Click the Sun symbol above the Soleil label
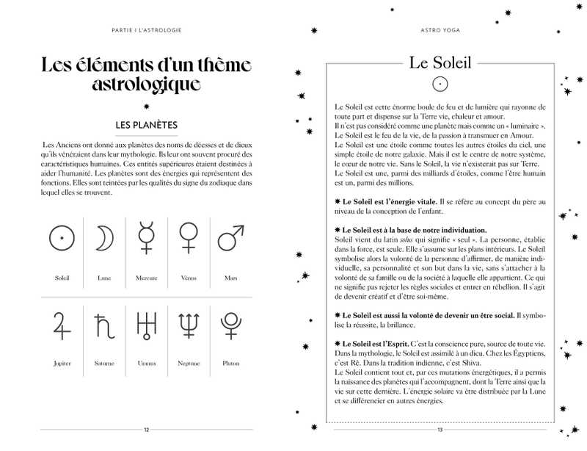click(x=62, y=239)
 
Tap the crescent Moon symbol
click(x=103, y=239)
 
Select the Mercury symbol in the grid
click(x=146, y=237)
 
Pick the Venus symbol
click(x=188, y=237)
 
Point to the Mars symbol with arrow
click(x=230, y=237)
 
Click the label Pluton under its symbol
click(x=230, y=363)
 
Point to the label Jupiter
click(x=62, y=363)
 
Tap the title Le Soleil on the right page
click(x=439, y=62)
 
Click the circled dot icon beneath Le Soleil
click(x=439, y=84)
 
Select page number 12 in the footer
click(x=147, y=430)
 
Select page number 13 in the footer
click(x=439, y=430)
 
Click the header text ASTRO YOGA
click(x=439, y=30)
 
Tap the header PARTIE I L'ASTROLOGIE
click(x=147, y=30)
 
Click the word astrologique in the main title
click(x=147, y=83)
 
